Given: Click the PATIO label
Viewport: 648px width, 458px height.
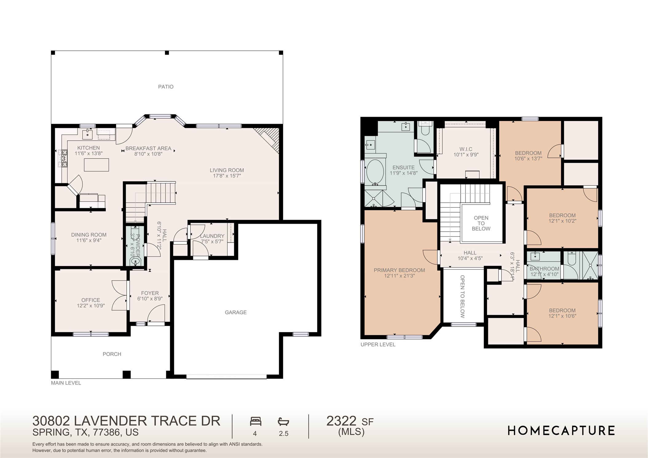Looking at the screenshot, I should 166,87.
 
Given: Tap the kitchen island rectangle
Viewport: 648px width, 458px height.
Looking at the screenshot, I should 96,165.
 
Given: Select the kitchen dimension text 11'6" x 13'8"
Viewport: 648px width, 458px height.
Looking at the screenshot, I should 88,154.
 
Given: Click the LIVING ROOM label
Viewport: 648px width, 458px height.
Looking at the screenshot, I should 227,170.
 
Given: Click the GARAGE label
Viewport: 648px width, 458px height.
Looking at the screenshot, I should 236,312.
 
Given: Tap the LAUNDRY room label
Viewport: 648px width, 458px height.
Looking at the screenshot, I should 212,236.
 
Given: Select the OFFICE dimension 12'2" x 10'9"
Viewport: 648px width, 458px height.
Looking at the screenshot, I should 91,306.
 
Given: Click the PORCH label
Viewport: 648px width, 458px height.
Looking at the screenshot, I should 112,354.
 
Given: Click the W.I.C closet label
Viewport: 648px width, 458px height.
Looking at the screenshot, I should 466,149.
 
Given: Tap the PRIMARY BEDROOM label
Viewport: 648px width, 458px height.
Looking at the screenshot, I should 399,270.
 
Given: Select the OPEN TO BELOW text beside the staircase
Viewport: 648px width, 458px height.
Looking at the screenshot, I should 481,223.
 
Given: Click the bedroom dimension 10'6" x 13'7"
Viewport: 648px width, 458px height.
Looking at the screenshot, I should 528,159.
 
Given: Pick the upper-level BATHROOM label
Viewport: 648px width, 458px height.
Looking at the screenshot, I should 544,269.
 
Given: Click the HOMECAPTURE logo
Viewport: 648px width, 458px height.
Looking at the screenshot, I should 561,431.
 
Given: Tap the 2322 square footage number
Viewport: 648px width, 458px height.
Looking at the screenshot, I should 341,421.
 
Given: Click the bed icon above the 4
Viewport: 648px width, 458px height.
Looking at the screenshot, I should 255,421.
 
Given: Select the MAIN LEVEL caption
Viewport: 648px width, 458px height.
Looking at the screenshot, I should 66,383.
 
